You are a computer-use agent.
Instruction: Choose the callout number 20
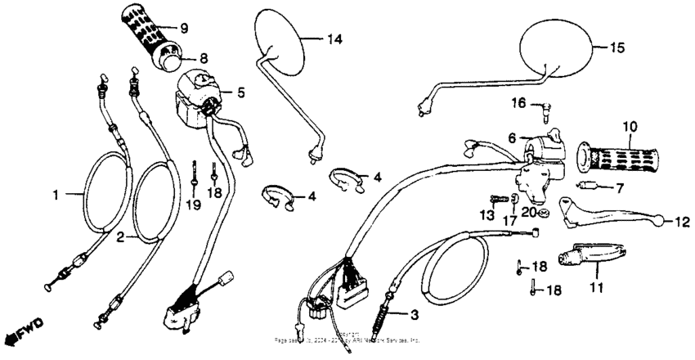coord(528,212)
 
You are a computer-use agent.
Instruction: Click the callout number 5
coord(240,92)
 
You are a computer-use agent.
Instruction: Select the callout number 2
coord(121,238)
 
